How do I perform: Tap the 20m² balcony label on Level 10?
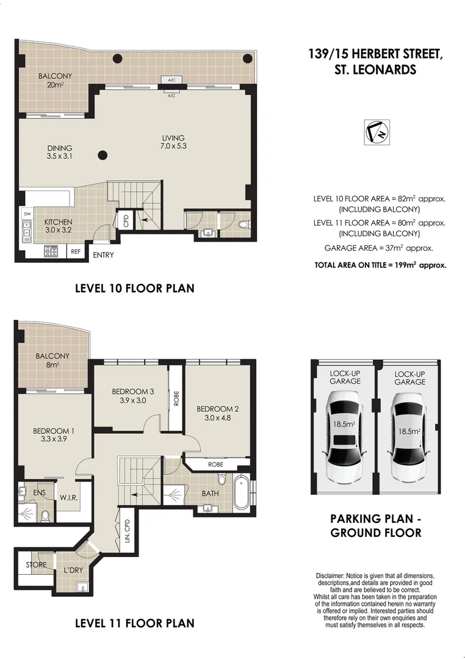54,85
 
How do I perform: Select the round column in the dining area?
103,155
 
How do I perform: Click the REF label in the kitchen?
76,251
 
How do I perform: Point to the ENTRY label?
103,255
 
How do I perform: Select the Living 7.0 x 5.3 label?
173,142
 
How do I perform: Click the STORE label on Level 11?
36,564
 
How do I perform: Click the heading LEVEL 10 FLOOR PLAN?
134,287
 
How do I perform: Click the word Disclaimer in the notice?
331,576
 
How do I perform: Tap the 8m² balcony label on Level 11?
52,361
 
